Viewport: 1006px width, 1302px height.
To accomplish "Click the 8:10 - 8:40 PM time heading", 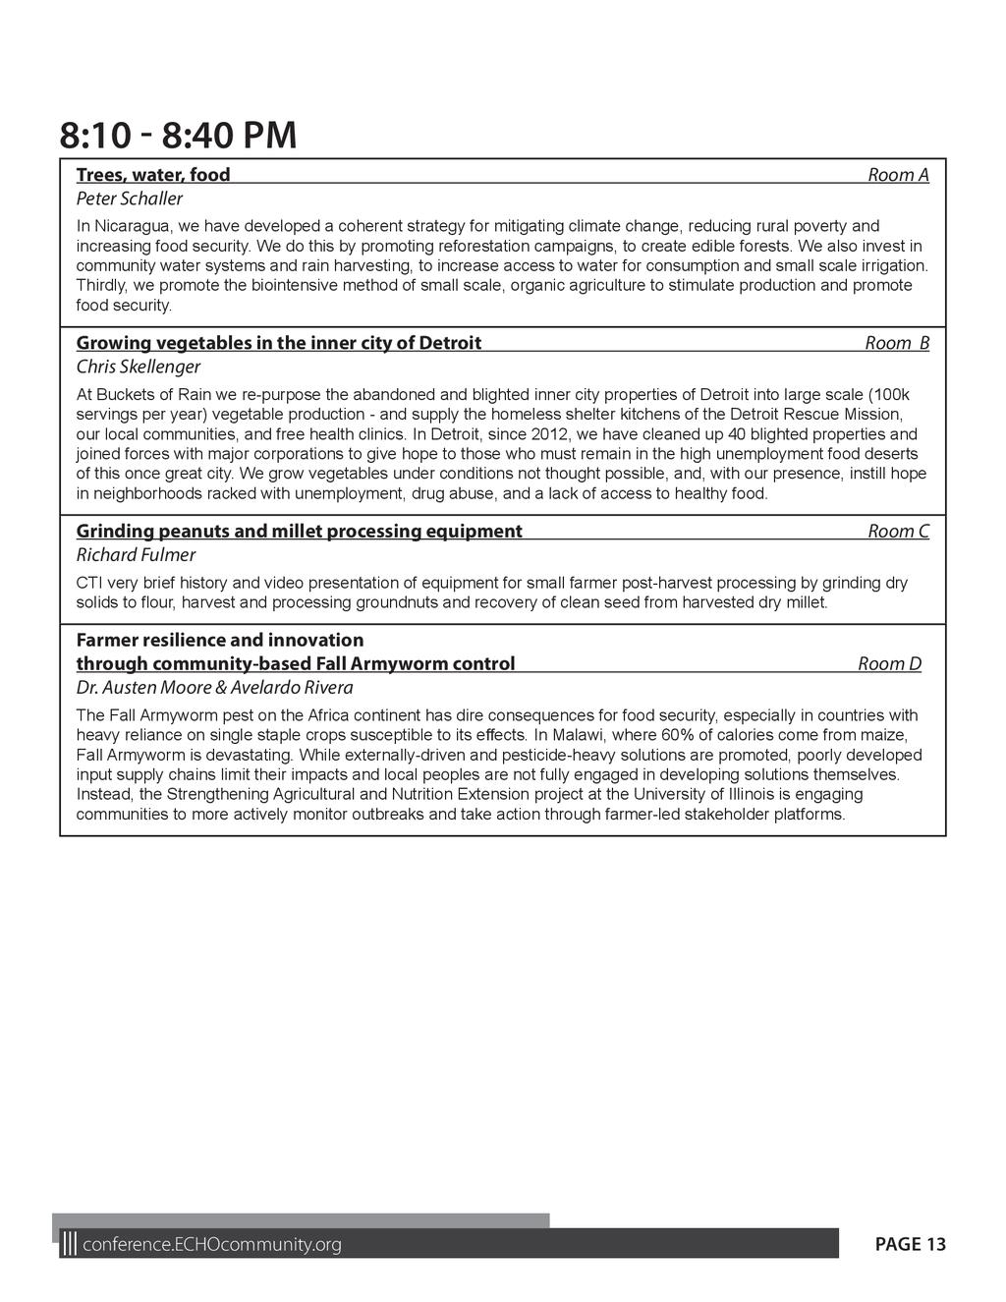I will point(178,136).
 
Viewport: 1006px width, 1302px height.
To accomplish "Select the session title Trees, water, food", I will point(153,175).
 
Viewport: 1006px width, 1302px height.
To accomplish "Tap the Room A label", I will point(897,175).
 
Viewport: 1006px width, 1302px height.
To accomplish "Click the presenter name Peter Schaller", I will point(130,199).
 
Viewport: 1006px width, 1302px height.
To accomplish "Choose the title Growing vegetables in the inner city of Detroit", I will point(279,343).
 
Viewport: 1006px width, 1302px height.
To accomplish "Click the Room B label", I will point(896,343).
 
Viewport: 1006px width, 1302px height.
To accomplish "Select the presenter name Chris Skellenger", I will point(139,368).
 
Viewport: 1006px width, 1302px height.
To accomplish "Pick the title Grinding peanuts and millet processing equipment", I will point(300,532).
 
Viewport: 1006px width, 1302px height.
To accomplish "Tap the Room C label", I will point(897,532).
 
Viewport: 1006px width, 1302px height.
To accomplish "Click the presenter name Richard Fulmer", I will point(136,555).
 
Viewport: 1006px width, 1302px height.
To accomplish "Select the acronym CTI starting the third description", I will point(90,583).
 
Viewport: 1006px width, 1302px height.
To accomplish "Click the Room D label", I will point(889,664).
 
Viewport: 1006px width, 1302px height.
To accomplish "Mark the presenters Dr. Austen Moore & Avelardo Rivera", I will point(215,688).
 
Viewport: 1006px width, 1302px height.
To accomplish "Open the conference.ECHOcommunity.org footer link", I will point(212,1245).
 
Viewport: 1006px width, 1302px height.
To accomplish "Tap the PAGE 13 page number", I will point(910,1245).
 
